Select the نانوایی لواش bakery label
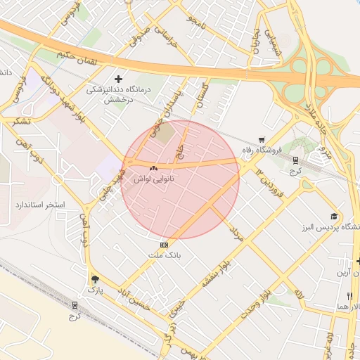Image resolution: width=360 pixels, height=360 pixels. pos(154,179)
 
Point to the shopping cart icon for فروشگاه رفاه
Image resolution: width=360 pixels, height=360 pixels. pos(262,139)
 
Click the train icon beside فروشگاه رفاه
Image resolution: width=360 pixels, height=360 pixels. pos(295,160)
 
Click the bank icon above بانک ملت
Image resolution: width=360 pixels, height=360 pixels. pos(165,245)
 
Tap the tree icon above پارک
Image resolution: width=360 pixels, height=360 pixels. pos(95,278)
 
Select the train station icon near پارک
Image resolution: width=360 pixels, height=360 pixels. pos(75,304)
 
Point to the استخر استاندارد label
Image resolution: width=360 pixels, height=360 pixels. pos(39,205)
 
